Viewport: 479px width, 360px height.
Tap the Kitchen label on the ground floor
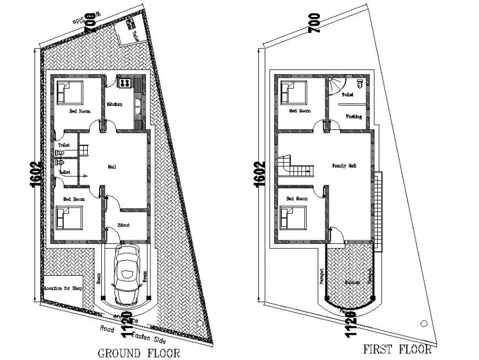click(x=115, y=104)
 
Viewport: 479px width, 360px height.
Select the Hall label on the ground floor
click(x=112, y=166)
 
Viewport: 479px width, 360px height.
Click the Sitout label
click(x=124, y=225)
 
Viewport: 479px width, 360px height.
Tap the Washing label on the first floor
click(x=353, y=117)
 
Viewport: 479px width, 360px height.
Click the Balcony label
click(x=352, y=282)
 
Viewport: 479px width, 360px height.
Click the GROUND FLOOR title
click(x=138, y=352)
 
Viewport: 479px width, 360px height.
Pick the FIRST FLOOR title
click(x=396, y=348)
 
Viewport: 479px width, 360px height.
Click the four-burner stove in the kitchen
click(x=124, y=83)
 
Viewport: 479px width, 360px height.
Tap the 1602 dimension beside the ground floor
click(x=35, y=174)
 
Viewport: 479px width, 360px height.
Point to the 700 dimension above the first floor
click(x=314, y=26)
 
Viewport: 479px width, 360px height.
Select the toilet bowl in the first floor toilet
click(x=360, y=83)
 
